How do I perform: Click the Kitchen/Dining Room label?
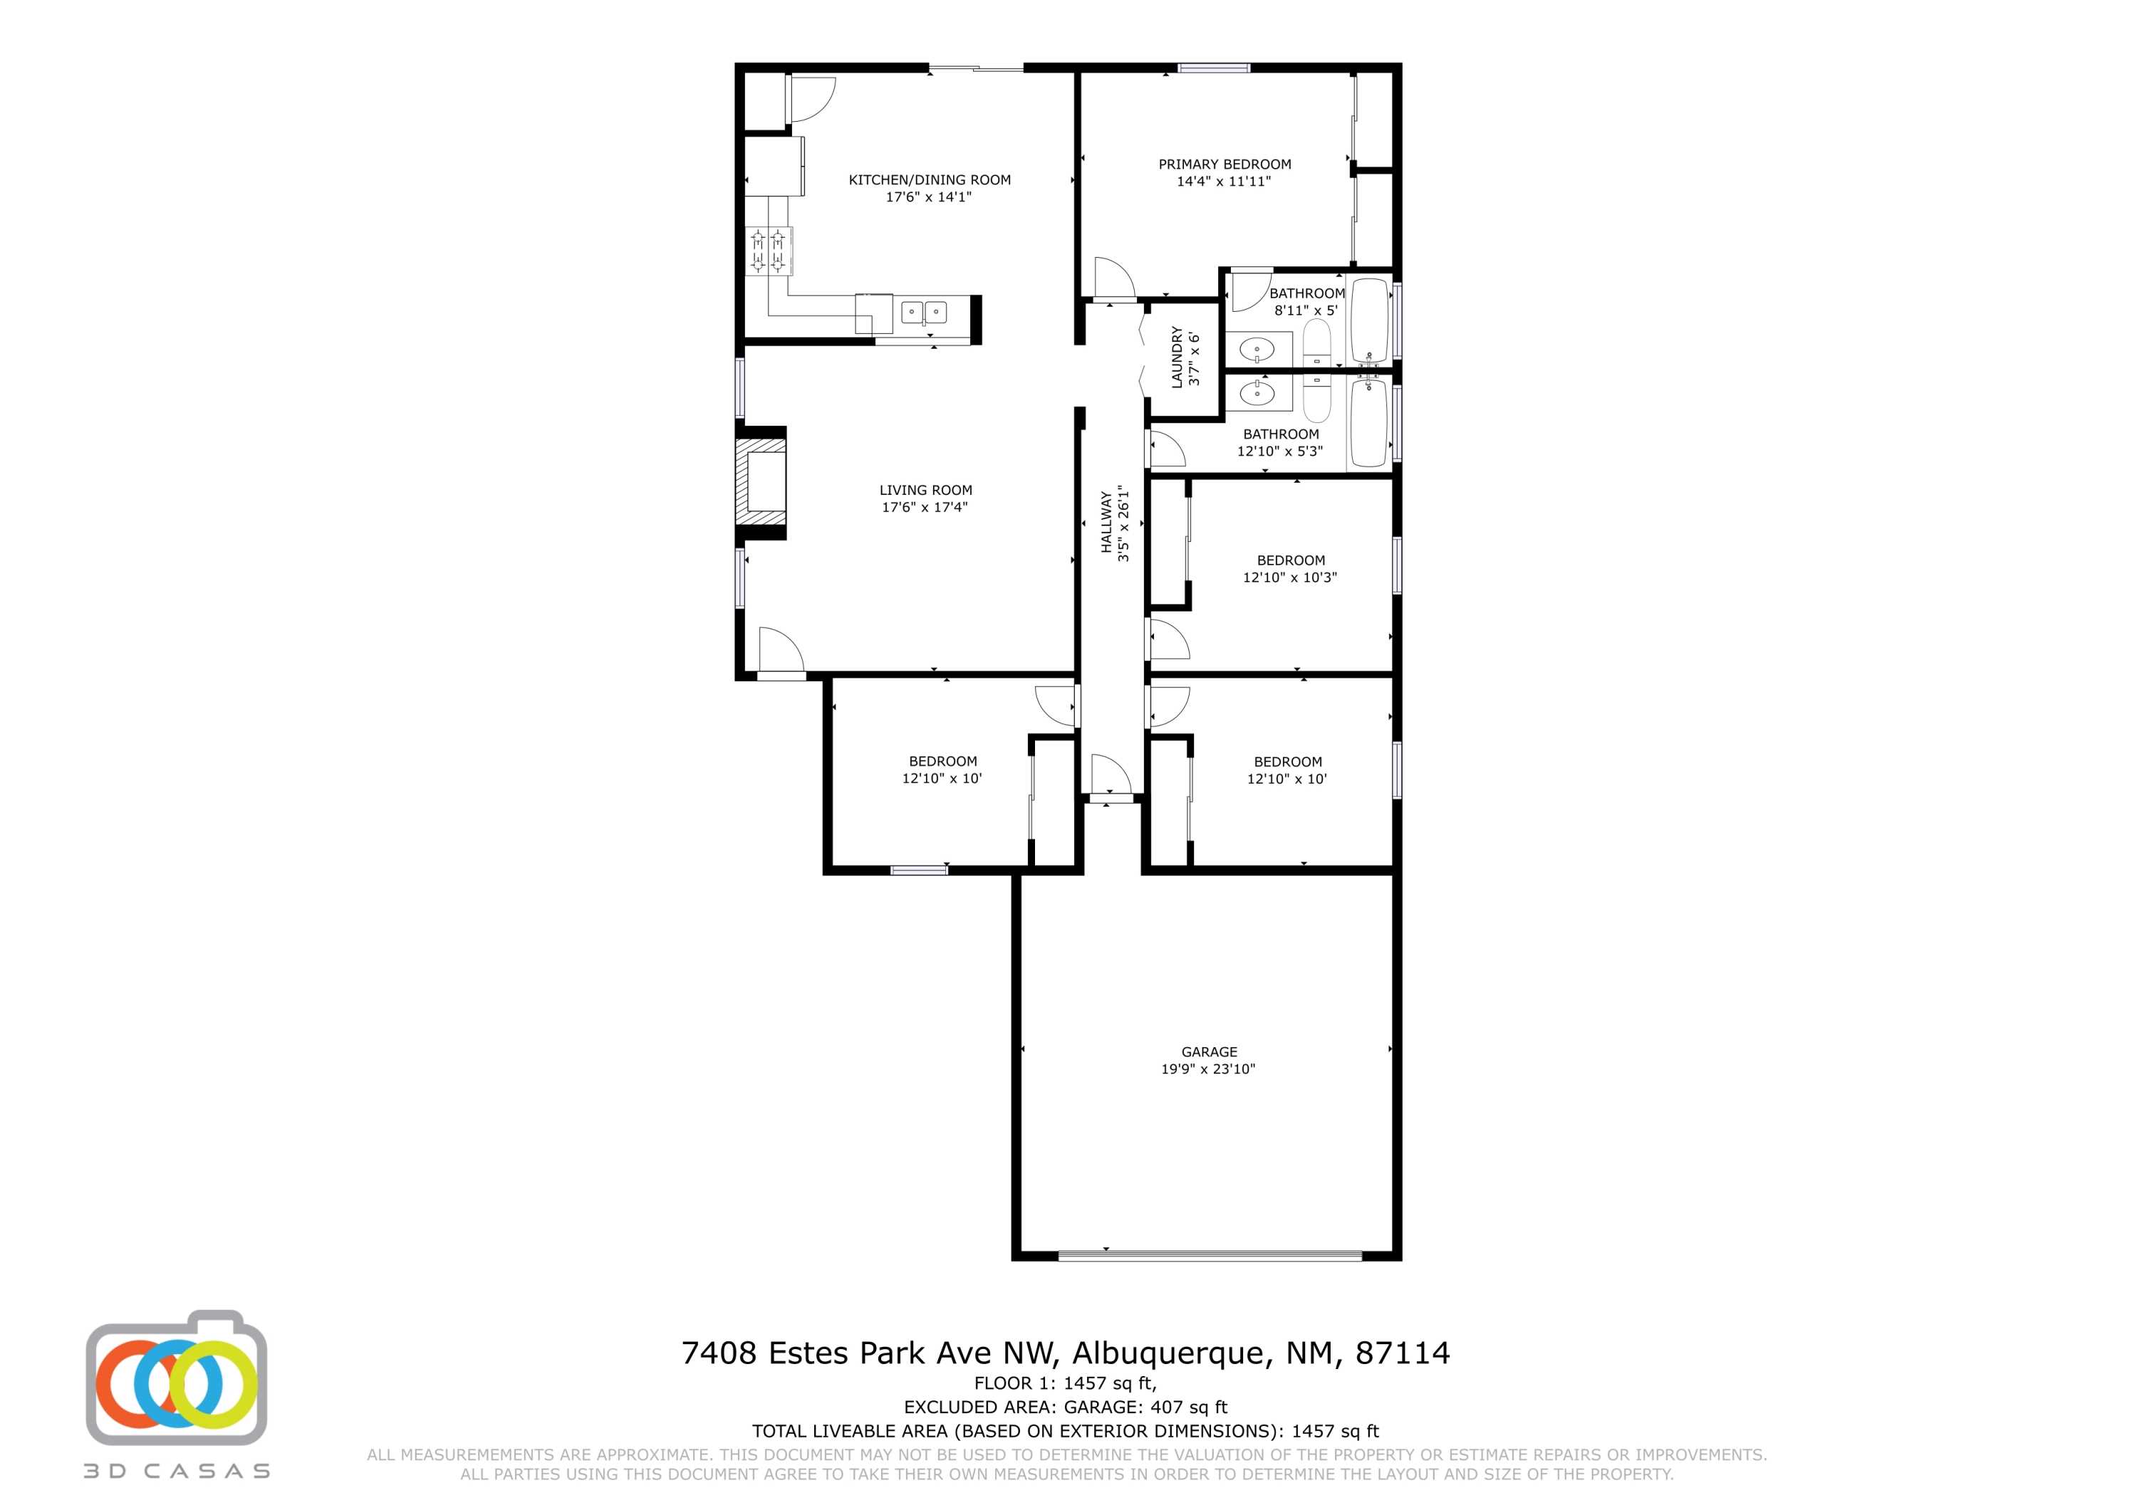[929, 179]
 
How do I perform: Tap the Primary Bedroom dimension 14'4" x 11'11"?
[1223, 182]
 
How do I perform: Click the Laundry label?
[1177, 357]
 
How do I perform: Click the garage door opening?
[1210, 1256]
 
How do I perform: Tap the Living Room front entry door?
[780, 651]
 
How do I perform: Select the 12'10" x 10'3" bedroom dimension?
[1289, 577]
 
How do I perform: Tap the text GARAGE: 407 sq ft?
[1145, 1407]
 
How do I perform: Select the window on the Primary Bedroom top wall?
[1214, 67]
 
